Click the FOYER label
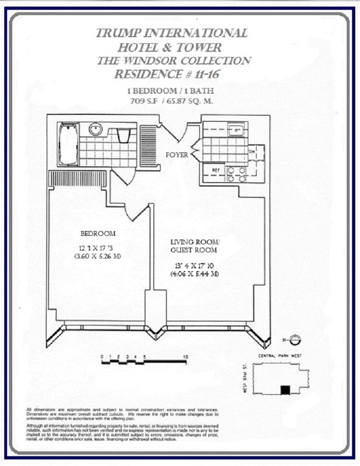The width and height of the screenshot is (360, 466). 177,155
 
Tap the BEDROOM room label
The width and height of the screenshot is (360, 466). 98,233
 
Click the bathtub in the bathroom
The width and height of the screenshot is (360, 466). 68,144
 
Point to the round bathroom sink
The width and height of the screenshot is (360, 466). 96,129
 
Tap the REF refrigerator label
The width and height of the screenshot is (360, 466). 216,170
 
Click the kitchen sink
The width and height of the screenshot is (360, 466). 236,129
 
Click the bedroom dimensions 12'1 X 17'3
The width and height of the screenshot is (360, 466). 98,248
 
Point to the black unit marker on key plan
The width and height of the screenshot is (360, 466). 284,390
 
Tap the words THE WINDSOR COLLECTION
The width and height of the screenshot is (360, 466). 173,61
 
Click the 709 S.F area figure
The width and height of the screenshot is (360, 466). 143,100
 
